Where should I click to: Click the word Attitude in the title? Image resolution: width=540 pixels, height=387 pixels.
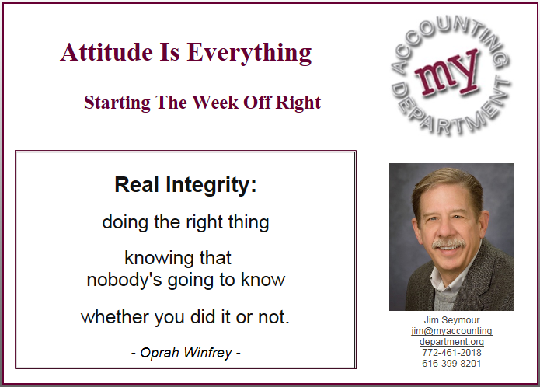(x=106, y=52)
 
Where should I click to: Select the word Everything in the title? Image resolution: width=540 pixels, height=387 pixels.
(x=249, y=53)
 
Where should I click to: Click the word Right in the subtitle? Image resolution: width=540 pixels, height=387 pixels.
(x=298, y=103)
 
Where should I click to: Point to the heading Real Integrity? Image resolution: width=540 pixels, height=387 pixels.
(x=186, y=185)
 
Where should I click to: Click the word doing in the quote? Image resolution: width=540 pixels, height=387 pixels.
(x=126, y=222)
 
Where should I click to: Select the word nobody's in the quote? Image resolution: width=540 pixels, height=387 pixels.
(x=124, y=280)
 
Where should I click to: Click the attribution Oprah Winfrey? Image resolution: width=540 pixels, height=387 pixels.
(x=186, y=353)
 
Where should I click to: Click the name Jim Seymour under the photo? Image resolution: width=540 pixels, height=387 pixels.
(x=451, y=320)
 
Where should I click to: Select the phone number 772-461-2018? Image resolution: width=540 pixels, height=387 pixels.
(x=451, y=353)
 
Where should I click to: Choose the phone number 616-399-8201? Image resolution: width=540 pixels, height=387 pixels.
(x=451, y=363)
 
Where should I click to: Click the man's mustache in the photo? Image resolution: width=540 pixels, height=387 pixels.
(x=448, y=243)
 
